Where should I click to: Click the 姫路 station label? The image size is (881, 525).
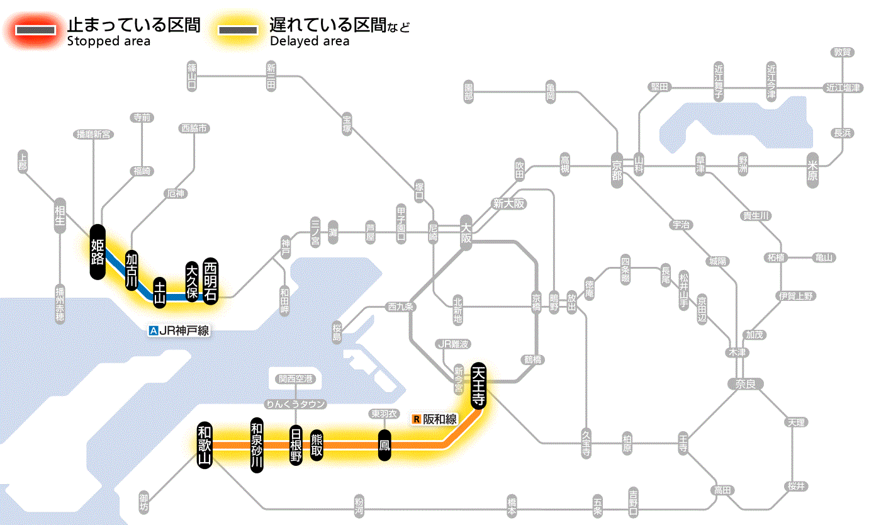tap(98, 251)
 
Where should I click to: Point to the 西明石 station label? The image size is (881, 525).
tap(210, 281)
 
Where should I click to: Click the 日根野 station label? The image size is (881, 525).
tap(296, 445)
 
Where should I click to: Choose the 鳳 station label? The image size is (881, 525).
tap(384, 445)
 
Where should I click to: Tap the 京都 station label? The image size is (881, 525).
tap(617, 170)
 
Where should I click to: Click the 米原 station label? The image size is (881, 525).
tap(814, 169)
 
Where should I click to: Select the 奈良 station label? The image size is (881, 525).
tap(745, 383)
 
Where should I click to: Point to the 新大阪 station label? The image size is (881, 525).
tap(508, 203)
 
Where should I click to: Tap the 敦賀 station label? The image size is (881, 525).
tap(842, 53)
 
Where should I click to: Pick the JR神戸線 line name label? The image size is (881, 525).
tap(179, 330)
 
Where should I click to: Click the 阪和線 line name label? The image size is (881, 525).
tap(435, 419)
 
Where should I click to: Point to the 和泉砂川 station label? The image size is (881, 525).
tap(257, 443)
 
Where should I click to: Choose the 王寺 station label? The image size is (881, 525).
tap(683, 443)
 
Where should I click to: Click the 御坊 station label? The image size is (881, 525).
tap(145, 503)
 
